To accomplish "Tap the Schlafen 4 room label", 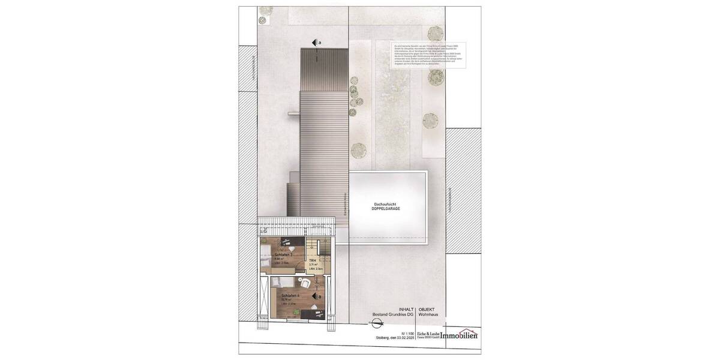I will [284, 296].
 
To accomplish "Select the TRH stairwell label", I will [312, 260].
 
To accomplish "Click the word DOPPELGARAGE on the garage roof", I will [385, 209].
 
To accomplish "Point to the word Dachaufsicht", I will [385, 204].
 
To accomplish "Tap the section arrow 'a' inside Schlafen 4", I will [316, 296].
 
